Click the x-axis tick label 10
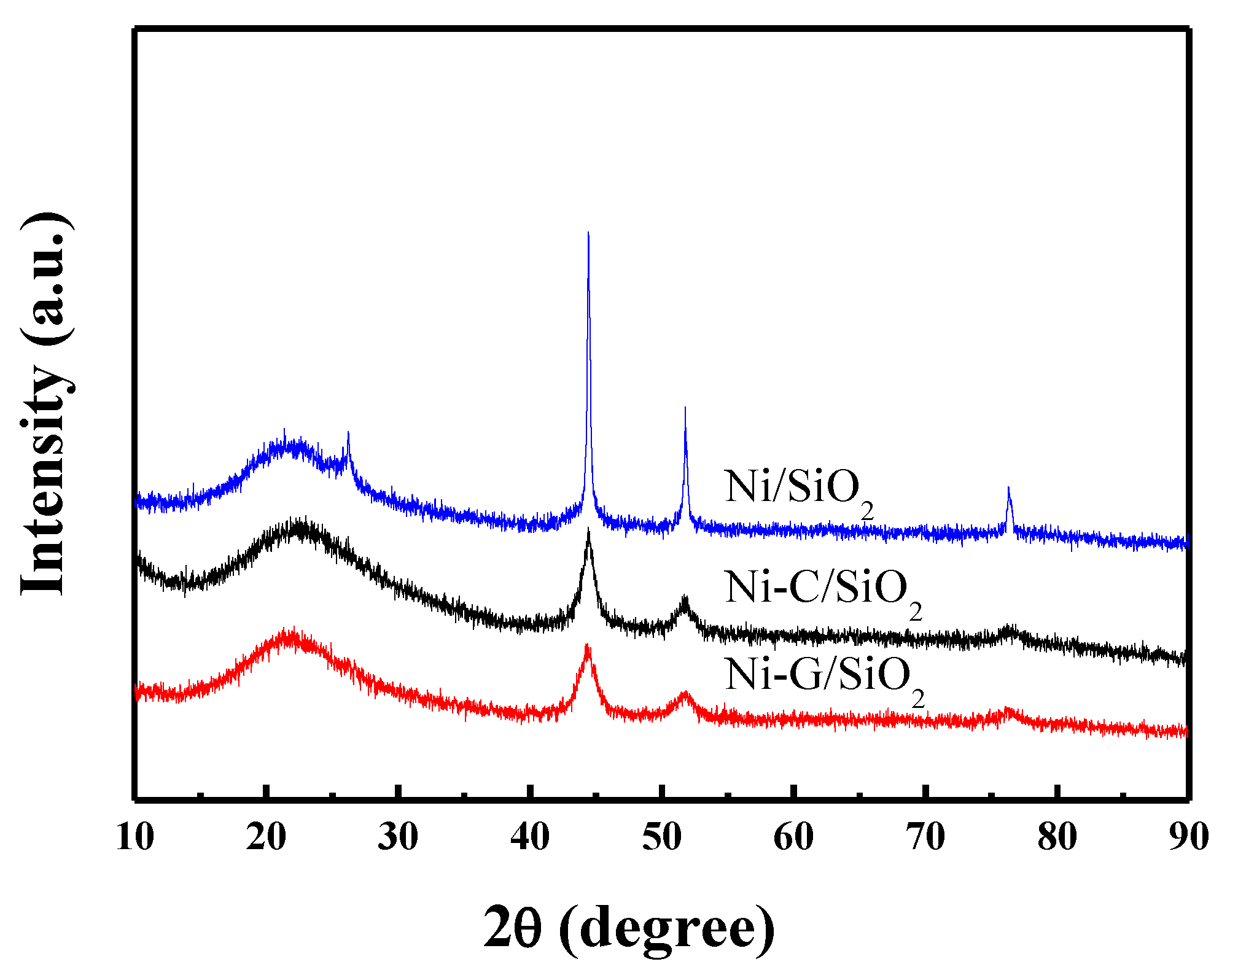pos(134,837)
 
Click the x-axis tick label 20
pos(266,837)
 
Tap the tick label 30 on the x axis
pos(398,837)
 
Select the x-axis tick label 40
pos(530,837)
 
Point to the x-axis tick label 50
pos(662,837)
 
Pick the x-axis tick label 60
pos(794,837)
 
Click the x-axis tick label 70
pos(926,837)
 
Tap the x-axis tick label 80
pos(1057,837)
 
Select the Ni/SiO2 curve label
pos(798,491)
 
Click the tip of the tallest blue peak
pos(588,233)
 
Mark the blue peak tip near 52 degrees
pos(685,408)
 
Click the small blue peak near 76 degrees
pos(1008,488)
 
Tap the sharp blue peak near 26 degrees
pos(348,433)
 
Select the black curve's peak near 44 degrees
pos(588,529)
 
